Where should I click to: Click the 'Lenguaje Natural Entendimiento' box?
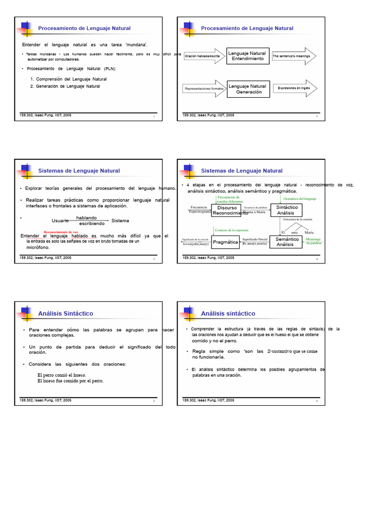[x=248, y=56]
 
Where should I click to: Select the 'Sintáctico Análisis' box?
[x=287, y=210]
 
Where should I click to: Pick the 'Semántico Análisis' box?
[x=287, y=242]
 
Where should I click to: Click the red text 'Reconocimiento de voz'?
[x=61, y=232]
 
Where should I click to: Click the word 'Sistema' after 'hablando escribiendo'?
[x=120, y=220]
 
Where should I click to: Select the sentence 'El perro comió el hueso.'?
[x=62, y=375]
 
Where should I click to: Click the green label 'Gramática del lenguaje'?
[x=300, y=199]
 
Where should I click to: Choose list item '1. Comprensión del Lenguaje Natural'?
[x=68, y=79]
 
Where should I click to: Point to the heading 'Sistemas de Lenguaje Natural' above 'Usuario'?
[x=79, y=171]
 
